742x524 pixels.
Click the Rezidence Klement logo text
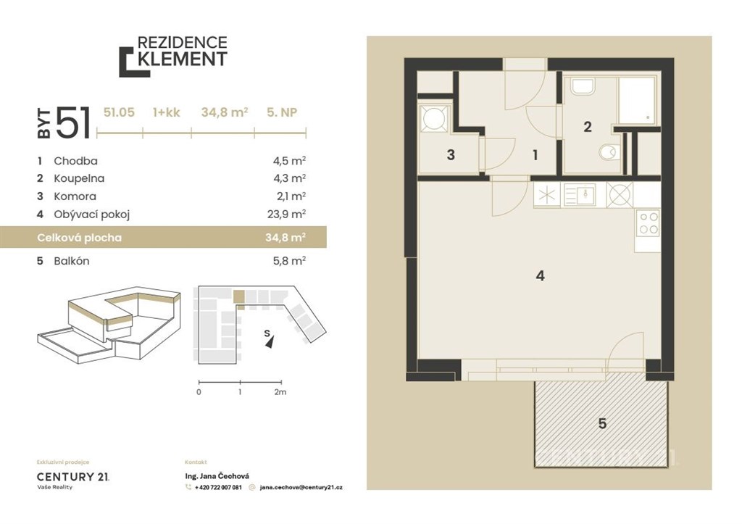click(x=182, y=51)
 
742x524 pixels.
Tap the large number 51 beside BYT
click(x=73, y=122)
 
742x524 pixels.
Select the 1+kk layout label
click(x=167, y=112)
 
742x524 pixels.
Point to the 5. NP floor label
click(x=282, y=112)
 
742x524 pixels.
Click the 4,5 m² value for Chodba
click(x=289, y=161)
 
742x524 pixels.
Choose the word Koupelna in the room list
click(x=79, y=178)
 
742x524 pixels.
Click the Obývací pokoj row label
click(x=92, y=215)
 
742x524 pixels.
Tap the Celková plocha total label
click(x=80, y=238)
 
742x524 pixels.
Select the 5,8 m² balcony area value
click(x=289, y=261)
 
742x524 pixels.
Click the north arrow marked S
click(x=268, y=339)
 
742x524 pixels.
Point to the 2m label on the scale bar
click(x=280, y=392)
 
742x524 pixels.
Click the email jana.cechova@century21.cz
click(x=301, y=487)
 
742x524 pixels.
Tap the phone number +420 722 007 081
click(x=218, y=487)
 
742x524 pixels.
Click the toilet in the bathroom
click(x=609, y=151)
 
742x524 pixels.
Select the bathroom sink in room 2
click(x=583, y=86)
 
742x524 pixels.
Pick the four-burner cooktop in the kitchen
click(x=648, y=223)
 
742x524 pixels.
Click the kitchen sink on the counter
click(x=580, y=194)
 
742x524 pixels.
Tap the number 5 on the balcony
click(x=602, y=423)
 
